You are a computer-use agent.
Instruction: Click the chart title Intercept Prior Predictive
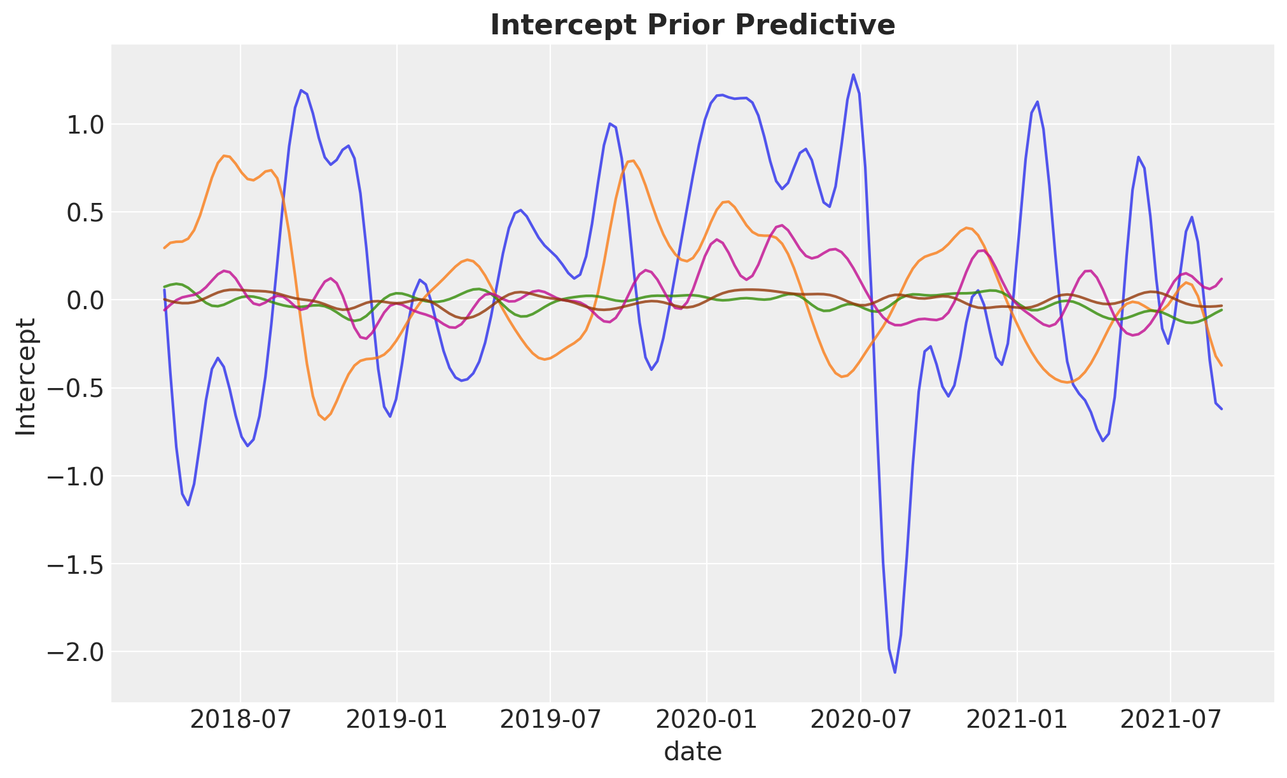[x=693, y=25]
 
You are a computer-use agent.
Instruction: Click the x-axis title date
[x=693, y=752]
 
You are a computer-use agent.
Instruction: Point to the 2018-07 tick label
[x=240, y=721]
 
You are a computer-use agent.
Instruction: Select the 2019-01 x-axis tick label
[x=396, y=721]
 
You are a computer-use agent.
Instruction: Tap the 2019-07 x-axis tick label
[x=550, y=721]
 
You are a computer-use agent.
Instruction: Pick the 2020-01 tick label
[x=706, y=721]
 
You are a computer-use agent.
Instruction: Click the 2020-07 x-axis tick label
[x=860, y=721]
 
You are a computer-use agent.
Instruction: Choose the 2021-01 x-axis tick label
[x=1017, y=721]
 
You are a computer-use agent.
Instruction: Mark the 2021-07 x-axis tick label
[x=1170, y=721]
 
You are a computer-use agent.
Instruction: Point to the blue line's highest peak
[x=853, y=74]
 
